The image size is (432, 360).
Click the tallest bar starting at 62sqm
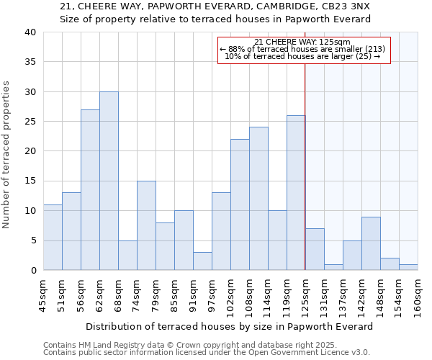[x=109, y=181]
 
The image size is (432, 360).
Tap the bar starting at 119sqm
[x=296, y=192]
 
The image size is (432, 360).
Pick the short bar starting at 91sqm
[x=202, y=261]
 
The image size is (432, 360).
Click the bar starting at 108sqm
[x=258, y=198]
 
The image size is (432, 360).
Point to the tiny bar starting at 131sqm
[x=333, y=267]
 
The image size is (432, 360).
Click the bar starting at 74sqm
[x=146, y=225]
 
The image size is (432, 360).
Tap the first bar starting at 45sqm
[x=53, y=237]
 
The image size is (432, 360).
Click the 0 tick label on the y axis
[x=33, y=270]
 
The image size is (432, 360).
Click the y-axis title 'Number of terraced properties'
[x=7, y=154]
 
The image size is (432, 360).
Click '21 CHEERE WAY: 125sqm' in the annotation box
[x=302, y=42]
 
